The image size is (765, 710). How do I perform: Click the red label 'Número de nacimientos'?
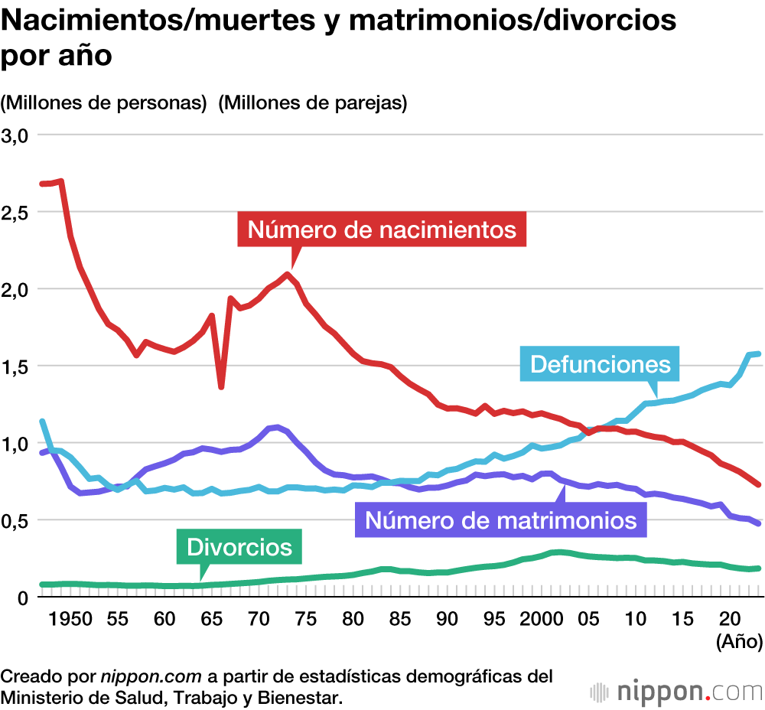point(382,230)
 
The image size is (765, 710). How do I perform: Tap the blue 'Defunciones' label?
point(600,364)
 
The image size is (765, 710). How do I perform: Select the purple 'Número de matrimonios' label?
point(501,520)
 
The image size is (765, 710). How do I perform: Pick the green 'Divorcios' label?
point(239,547)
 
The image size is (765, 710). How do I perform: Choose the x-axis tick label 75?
point(306,619)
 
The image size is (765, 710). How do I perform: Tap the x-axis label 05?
point(588,619)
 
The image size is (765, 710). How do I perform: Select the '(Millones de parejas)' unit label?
point(312,103)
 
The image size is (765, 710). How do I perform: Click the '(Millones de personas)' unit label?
point(105,103)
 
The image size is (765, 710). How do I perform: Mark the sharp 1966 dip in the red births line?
point(221,386)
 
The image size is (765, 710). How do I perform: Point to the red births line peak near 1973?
point(288,274)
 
